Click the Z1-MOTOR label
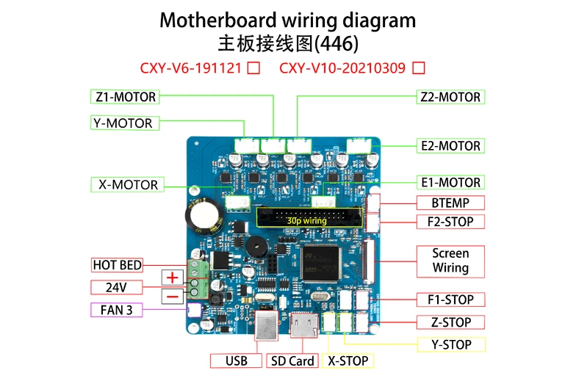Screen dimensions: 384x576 point(126,96)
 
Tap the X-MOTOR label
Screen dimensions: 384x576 point(128,184)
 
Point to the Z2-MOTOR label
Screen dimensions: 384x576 point(450,97)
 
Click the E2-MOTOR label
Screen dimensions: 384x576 point(450,146)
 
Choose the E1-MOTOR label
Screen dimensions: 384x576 point(450,183)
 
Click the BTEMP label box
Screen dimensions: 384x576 point(450,203)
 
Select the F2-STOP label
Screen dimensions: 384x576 point(450,222)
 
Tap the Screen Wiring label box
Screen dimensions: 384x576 point(450,261)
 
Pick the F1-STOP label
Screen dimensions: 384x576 point(450,300)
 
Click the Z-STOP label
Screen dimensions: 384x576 point(450,322)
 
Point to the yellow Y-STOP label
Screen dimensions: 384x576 point(450,344)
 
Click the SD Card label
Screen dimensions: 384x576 point(292,361)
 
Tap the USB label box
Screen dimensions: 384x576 point(236,361)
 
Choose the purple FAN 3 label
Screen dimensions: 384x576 point(116,310)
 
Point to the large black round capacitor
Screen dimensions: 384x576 point(201,213)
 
